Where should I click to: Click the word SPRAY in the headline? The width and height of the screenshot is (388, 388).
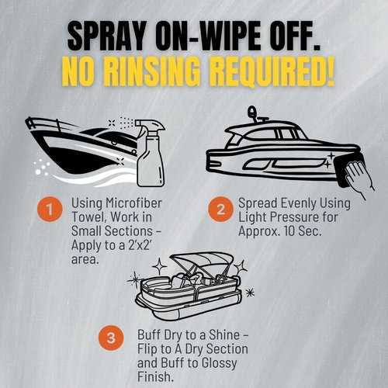click(106, 36)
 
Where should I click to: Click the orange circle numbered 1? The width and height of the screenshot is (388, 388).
click(50, 210)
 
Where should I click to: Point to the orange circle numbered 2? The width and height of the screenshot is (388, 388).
click(220, 209)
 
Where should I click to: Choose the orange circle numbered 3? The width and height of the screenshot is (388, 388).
click(111, 338)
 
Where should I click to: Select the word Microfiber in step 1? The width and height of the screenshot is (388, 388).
click(133, 203)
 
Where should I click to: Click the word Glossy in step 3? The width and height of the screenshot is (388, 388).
click(219, 363)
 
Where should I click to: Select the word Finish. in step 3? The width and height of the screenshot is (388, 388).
click(155, 376)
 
